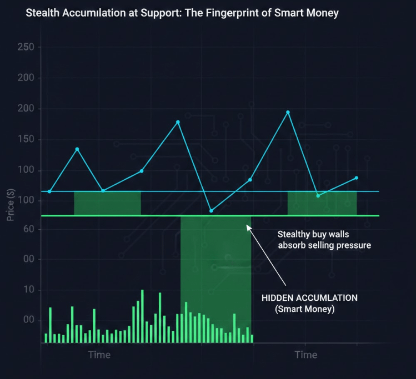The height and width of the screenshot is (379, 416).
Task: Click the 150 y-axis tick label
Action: pos(26,139)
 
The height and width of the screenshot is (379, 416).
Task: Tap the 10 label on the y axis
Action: pos(29,290)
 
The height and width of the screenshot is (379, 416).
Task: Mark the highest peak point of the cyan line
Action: pos(288,112)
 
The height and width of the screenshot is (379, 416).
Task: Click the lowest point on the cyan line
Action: pos(211,211)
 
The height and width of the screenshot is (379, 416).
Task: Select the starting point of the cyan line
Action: pos(49,191)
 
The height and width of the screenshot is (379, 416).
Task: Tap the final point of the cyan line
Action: pos(357,178)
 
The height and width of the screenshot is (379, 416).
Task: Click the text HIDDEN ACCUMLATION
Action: pos(309,298)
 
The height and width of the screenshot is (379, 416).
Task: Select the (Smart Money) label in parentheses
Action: pos(305,309)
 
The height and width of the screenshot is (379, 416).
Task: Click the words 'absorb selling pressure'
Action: pos(324,245)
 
